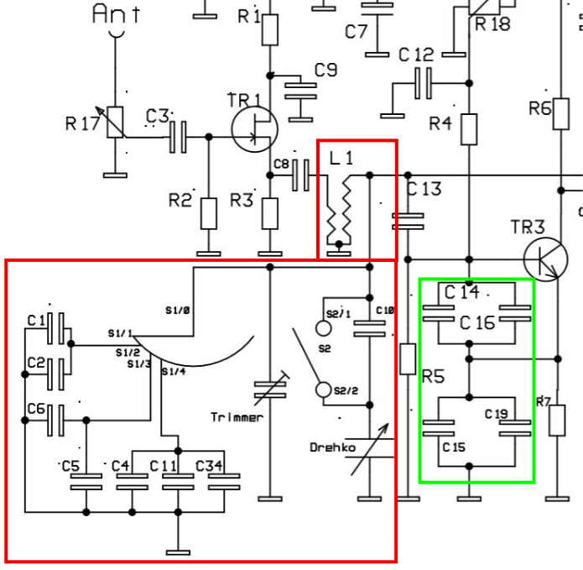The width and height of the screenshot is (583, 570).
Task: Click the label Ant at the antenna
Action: click(116, 13)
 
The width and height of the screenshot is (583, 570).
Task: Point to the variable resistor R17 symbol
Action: click(115, 123)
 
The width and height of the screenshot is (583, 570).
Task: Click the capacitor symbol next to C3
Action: click(178, 137)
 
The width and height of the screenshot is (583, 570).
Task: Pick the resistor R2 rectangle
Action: click(208, 212)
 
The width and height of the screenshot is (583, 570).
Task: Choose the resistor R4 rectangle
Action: click(469, 129)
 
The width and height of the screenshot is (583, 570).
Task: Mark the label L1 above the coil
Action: click(341, 157)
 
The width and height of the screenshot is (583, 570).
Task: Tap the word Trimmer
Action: click(237, 417)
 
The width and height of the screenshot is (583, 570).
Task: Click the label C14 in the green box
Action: click(461, 292)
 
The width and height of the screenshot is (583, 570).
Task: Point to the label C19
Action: click(497, 414)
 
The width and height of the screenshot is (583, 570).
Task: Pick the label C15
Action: click(454, 447)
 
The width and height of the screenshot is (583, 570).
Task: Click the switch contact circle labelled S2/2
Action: click(323, 390)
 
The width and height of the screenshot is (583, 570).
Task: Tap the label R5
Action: click(433, 377)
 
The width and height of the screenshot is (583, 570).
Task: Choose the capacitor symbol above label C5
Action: click(86, 481)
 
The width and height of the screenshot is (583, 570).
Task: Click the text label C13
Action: click(424, 189)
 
